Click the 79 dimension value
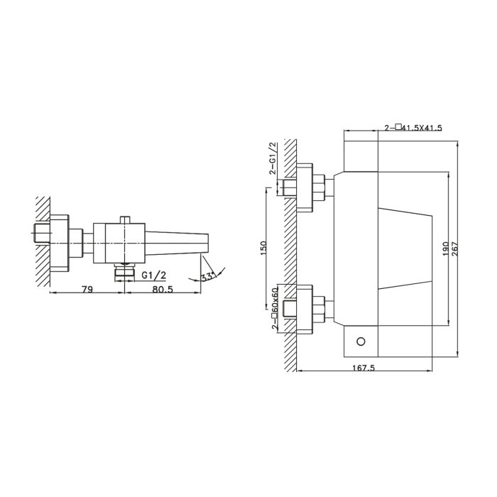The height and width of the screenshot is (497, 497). tap(87, 289)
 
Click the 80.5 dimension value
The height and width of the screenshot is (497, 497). tap(163, 289)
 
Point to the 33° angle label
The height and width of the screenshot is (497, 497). tap(208, 277)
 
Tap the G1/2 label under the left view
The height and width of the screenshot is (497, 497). tap(154, 275)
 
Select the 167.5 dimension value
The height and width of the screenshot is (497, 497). tap(364, 368)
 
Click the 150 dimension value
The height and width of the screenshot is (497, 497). tap(263, 248)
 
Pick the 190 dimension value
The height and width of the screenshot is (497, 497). tap(445, 248)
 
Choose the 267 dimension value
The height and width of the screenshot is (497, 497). tap(454, 248)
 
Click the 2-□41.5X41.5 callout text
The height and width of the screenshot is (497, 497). tap(413, 128)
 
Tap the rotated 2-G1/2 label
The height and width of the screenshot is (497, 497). tap(272, 159)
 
